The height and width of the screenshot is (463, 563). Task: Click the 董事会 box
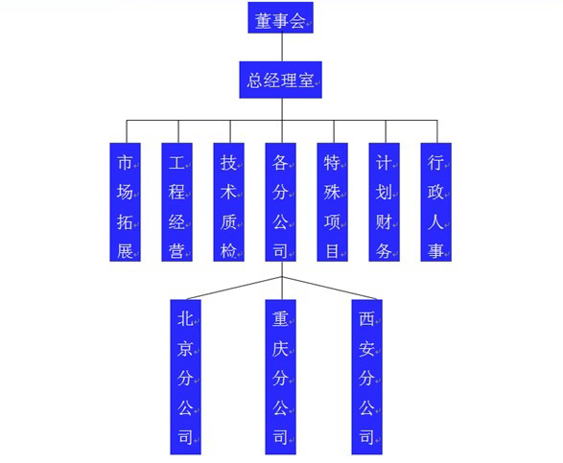[280, 17]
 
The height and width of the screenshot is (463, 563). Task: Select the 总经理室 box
[280, 80]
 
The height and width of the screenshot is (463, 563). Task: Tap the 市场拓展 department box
[125, 202]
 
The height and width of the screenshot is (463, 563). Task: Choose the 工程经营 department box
[177, 202]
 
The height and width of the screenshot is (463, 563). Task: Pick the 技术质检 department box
[228, 202]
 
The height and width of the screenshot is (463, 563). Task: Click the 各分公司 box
[281, 202]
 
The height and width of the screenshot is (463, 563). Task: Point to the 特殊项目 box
[333, 202]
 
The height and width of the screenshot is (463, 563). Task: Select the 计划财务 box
[385, 202]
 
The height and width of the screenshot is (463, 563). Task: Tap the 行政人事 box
[435, 202]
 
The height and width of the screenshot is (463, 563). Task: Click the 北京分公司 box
[186, 377]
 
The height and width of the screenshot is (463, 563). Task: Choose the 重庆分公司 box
[281, 377]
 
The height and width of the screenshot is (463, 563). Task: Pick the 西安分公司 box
[367, 377]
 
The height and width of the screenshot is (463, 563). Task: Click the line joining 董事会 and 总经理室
[282, 47]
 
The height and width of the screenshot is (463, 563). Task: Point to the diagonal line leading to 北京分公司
[234, 288]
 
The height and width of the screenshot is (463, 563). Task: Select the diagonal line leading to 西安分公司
[330, 288]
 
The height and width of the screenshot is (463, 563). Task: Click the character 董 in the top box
[263, 21]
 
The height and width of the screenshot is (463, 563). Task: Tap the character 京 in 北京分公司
[185, 349]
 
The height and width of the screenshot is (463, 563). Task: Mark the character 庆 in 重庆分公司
[280, 349]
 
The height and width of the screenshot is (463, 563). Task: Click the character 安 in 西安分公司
[366, 349]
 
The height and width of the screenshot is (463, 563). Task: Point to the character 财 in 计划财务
[384, 222]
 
